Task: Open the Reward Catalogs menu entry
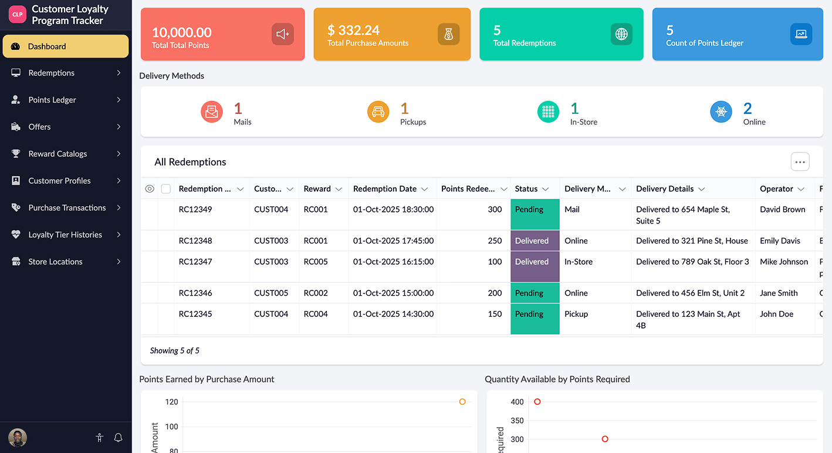tap(58, 154)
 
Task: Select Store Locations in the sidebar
tap(55, 262)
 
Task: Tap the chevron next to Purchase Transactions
tap(119, 208)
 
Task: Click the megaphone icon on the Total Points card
tap(282, 35)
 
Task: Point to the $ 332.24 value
tap(353, 31)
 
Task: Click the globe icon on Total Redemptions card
tap(621, 35)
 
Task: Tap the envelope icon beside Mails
tap(212, 111)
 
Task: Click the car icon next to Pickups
tap(378, 111)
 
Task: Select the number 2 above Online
tap(748, 109)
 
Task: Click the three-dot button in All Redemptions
tap(800, 162)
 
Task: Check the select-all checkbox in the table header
tap(166, 189)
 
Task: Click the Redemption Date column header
tap(385, 189)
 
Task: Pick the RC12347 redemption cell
tap(195, 262)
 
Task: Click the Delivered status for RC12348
tap(532, 241)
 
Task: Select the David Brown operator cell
tap(782, 209)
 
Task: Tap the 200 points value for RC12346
tap(495, 293)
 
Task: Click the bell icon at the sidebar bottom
tap(118, 438)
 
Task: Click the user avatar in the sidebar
tap(18, 438)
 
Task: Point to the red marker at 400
tap(537, 402)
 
